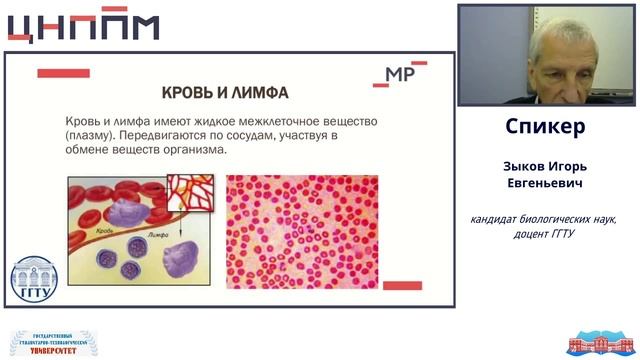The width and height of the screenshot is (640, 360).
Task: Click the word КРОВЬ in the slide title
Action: [x=183, y=92]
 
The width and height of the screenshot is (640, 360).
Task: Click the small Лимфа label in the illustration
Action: [x=146, y=232]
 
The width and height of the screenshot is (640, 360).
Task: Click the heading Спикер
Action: [x=545, y=127]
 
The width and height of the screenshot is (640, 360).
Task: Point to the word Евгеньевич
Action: [x=546, y=185]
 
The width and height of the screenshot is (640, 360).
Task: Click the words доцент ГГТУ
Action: [x=546, y=233]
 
